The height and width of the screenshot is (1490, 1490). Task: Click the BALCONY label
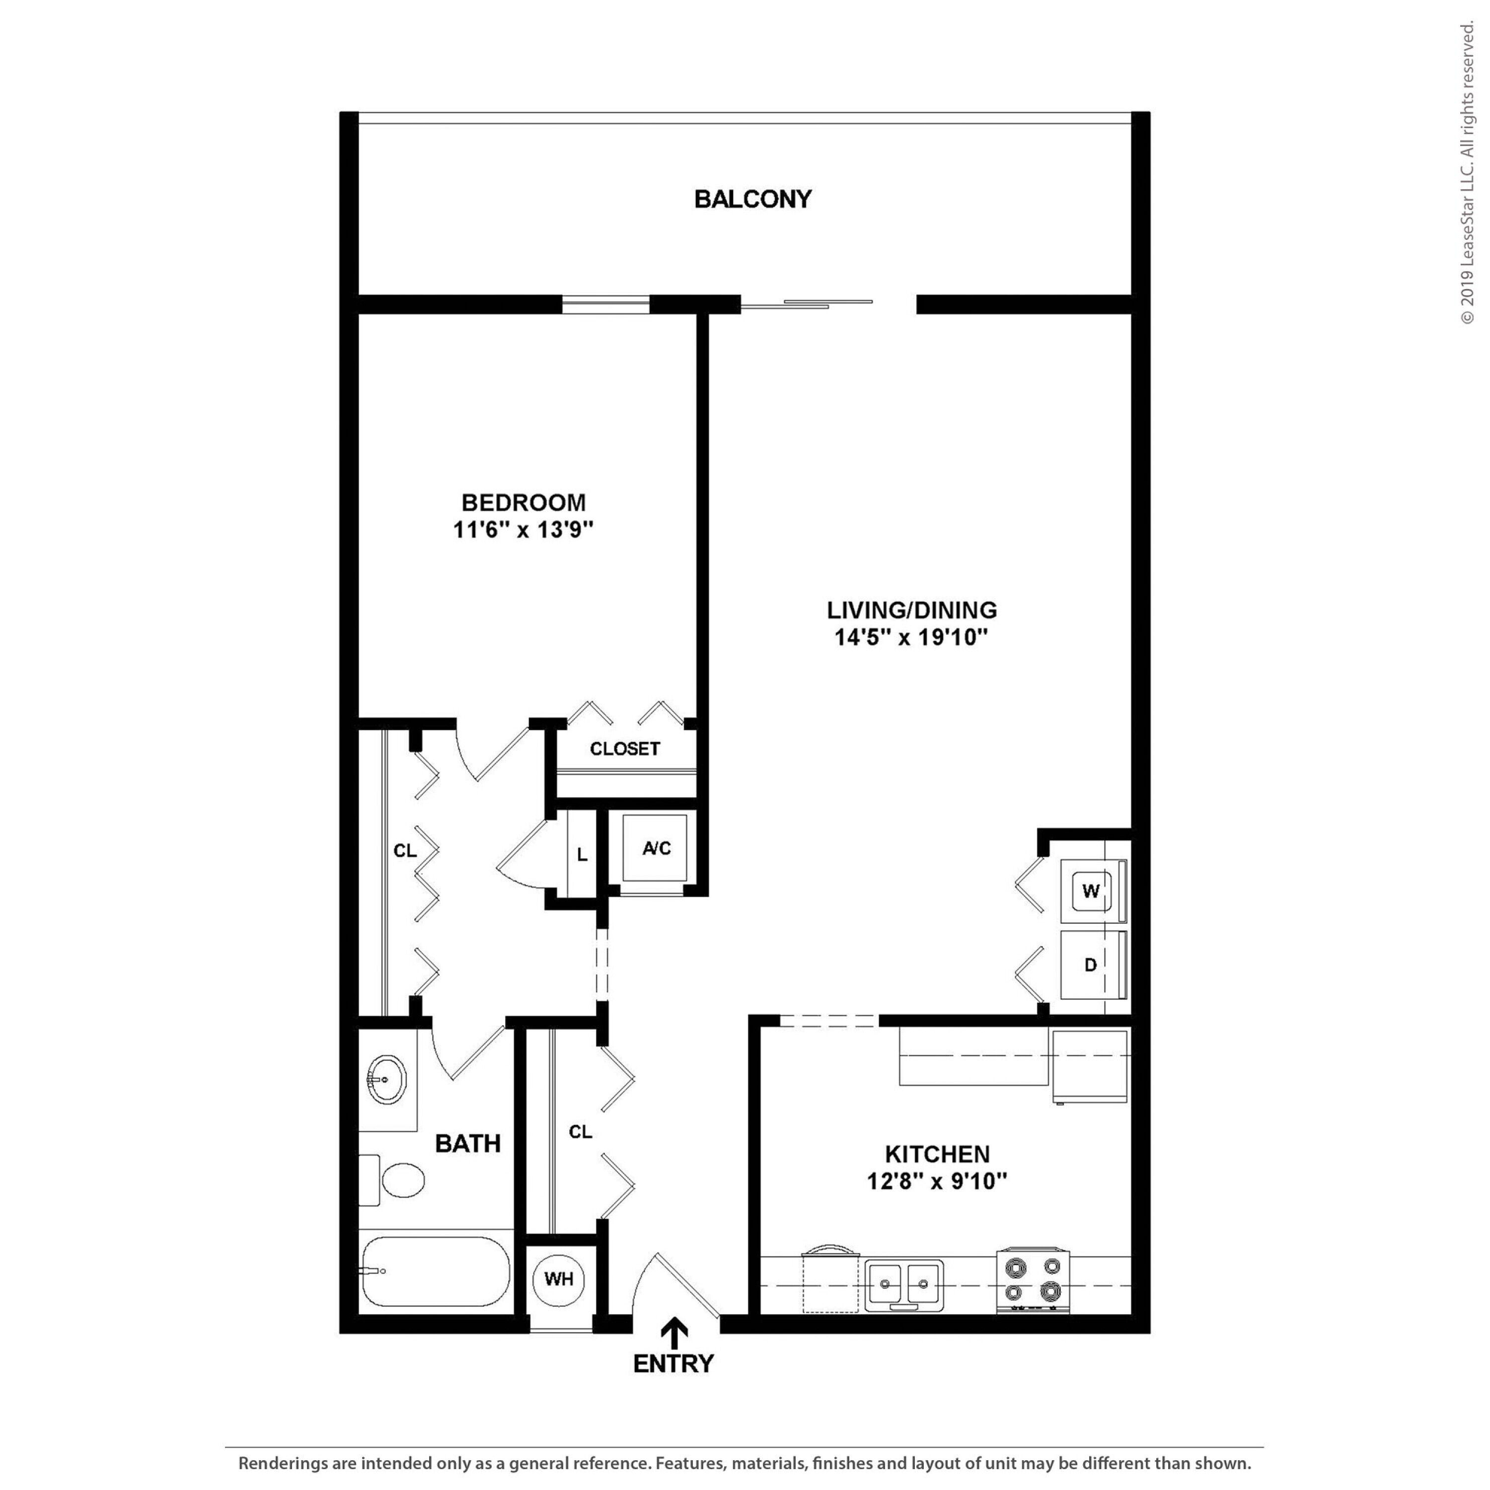(x=753, y=199)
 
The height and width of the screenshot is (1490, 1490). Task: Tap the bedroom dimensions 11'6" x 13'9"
(x=523, y=530)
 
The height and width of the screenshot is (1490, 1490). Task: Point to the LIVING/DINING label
(x=911, y=610)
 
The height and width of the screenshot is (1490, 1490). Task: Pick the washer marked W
(x=1094, y=891)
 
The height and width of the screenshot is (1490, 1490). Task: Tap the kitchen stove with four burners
(x=1034, y=1280)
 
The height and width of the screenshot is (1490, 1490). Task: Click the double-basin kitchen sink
(x=903, y=1285)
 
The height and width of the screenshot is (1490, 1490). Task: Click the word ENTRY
(x=673, y=1363)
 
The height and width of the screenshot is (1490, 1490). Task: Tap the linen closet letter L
(x=582, y=854)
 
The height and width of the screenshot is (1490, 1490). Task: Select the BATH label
(x=467, y=1143)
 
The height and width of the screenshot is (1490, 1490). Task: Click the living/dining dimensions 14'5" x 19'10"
(x=911, y=638)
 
